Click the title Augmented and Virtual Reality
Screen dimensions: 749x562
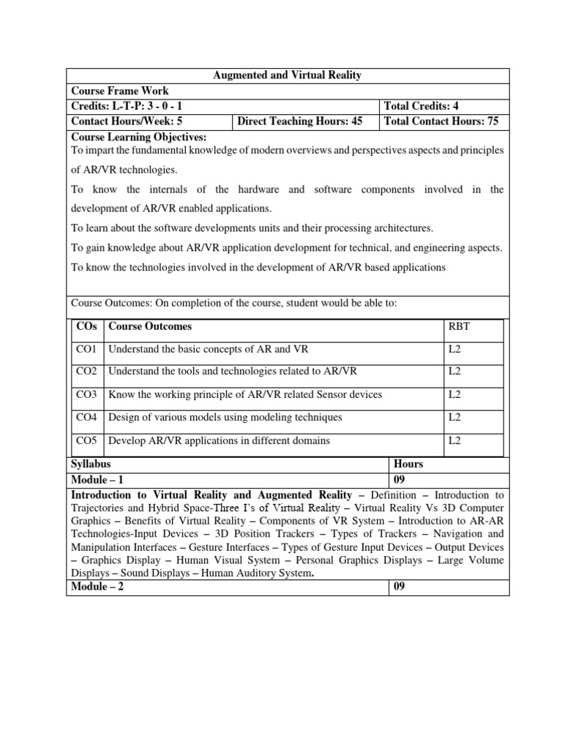[x=287, y=76]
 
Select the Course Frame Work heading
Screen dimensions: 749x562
[x=119, y=91]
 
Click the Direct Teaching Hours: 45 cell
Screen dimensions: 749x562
[x=300, y=121]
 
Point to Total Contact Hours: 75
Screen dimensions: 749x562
[x=441, y=121]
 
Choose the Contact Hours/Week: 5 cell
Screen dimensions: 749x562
[x=126, y=121]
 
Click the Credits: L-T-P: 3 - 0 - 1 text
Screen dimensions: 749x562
[x=127, y=107]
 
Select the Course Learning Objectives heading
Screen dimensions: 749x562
[x=138, y=137]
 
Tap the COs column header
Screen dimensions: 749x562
[x=86, y=327]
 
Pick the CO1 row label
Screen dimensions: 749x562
[x=86, y=350]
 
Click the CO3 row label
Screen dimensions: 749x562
[x=86, y=395]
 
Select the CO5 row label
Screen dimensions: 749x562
[x=86, y=440]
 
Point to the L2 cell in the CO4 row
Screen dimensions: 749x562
[x=454, y=418]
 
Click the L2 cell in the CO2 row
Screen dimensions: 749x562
[x=454, y=372]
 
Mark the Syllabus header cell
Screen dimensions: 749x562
[x=91, y=464]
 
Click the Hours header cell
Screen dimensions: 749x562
[x=408, y=464]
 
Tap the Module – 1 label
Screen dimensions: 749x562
[x=97, y=480]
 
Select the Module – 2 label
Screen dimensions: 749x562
[x=97, y=587]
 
